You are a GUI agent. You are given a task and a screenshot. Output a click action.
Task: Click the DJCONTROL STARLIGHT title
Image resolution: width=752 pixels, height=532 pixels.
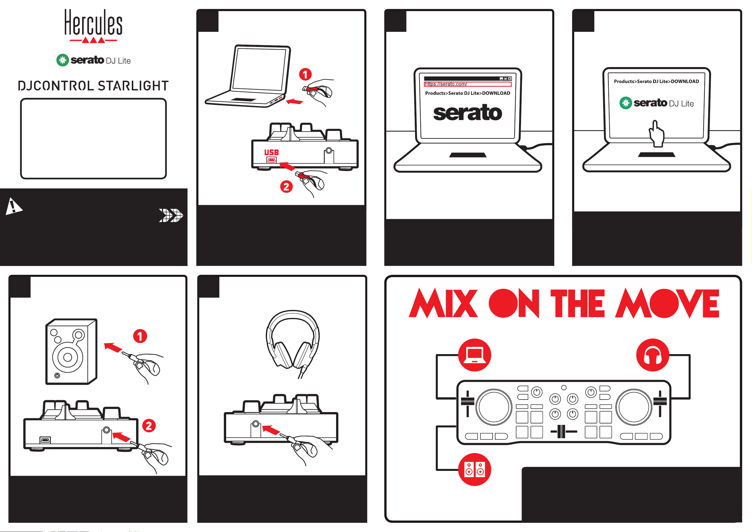point(93,86)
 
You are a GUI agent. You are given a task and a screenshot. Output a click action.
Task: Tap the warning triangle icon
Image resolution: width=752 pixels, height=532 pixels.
point(13,206)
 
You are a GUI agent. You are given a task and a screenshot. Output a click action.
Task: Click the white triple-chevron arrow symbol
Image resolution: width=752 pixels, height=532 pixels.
point(171,215)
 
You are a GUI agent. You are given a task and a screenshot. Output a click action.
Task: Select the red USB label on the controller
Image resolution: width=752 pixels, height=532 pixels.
point(272,152)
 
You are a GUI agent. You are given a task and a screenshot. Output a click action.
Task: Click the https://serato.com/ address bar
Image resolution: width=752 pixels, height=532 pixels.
point(467,84)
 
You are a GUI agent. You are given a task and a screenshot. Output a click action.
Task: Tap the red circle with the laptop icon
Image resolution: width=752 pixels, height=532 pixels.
point(475,355)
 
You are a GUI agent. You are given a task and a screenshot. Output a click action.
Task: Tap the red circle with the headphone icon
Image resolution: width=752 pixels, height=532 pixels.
point(653,355)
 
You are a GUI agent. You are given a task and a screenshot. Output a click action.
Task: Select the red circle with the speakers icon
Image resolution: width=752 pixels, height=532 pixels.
point(475,469)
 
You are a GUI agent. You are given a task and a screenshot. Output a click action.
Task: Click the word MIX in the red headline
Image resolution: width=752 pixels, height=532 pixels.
point(443,303)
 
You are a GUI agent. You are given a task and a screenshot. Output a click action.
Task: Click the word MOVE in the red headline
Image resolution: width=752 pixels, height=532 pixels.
point(667,303)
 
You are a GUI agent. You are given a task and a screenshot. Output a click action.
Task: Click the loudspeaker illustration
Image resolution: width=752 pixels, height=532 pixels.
point(71,352)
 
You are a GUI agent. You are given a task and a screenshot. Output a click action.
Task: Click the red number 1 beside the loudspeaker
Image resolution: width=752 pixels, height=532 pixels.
point(140,336)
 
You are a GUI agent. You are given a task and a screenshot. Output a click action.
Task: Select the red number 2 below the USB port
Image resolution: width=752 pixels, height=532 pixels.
point(286,187)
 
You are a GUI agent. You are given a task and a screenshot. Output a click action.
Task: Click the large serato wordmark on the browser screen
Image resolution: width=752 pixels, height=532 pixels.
point(467,113)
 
